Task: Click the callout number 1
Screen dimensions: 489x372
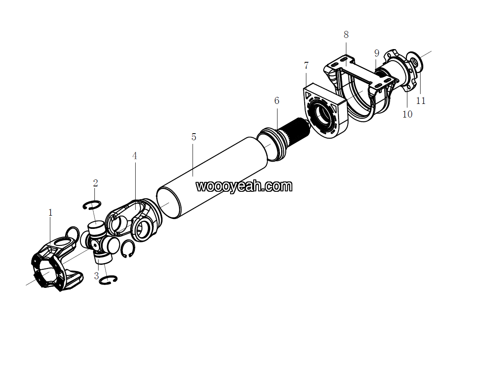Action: pos(51,213)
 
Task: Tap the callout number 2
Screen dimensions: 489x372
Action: pos(95,183)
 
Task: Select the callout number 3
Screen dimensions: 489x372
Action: pos(96,276)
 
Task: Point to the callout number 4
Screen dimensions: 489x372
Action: pos(134,156)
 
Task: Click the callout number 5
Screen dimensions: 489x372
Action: pos(194,137)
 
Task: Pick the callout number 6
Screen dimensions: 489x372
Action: pos(277,100)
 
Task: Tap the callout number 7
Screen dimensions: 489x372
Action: pos(306,66)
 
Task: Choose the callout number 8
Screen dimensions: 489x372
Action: pos(346,35)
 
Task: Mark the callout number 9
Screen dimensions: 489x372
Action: pos(377,53)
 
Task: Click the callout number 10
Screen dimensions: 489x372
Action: pos(407,114)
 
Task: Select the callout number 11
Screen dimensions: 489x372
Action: pos(421,101)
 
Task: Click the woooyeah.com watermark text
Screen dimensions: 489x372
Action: pos(244,186)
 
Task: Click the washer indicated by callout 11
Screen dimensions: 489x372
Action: pos(415,61)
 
